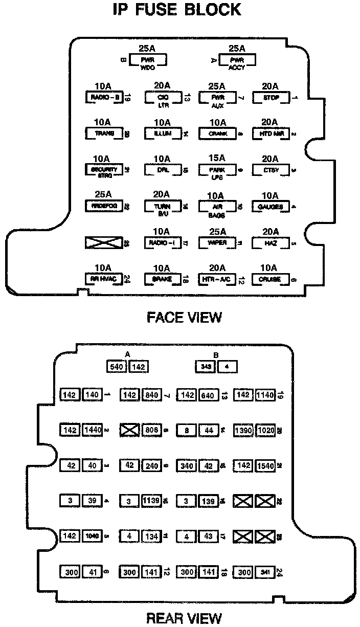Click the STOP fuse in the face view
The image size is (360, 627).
coord(271,97)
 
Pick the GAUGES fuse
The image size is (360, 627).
coord(271,206)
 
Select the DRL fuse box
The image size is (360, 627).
coord(162,170)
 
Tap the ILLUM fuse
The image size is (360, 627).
coord(162,133)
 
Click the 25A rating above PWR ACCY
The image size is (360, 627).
coord(237,49)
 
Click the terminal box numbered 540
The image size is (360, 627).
coord(117,366)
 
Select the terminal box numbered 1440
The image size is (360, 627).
coord(93,430)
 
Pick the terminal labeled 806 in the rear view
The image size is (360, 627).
coord(152,430)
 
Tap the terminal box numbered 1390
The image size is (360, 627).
coord(243,430)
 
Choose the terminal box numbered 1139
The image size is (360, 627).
coord(152,501)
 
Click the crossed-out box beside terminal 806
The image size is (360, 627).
coord(129,430)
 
